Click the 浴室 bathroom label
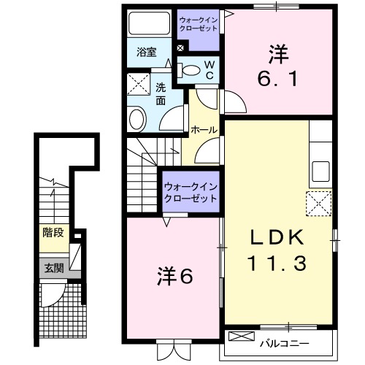click(x=147, y=52)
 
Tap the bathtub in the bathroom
click(x=149, y=26)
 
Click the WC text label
click(x=209, y=69)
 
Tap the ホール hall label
click(x=204, y=129)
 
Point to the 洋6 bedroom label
click(x=174, y=277)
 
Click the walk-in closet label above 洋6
click(x=191, y=192)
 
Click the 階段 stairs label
click(x=52, y=234)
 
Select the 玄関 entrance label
click(x=52, y=267)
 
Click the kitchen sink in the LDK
click(x=321, y=172)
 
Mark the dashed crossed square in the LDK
click(x=319, y=202)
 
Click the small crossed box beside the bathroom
click(x=180, y=49)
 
